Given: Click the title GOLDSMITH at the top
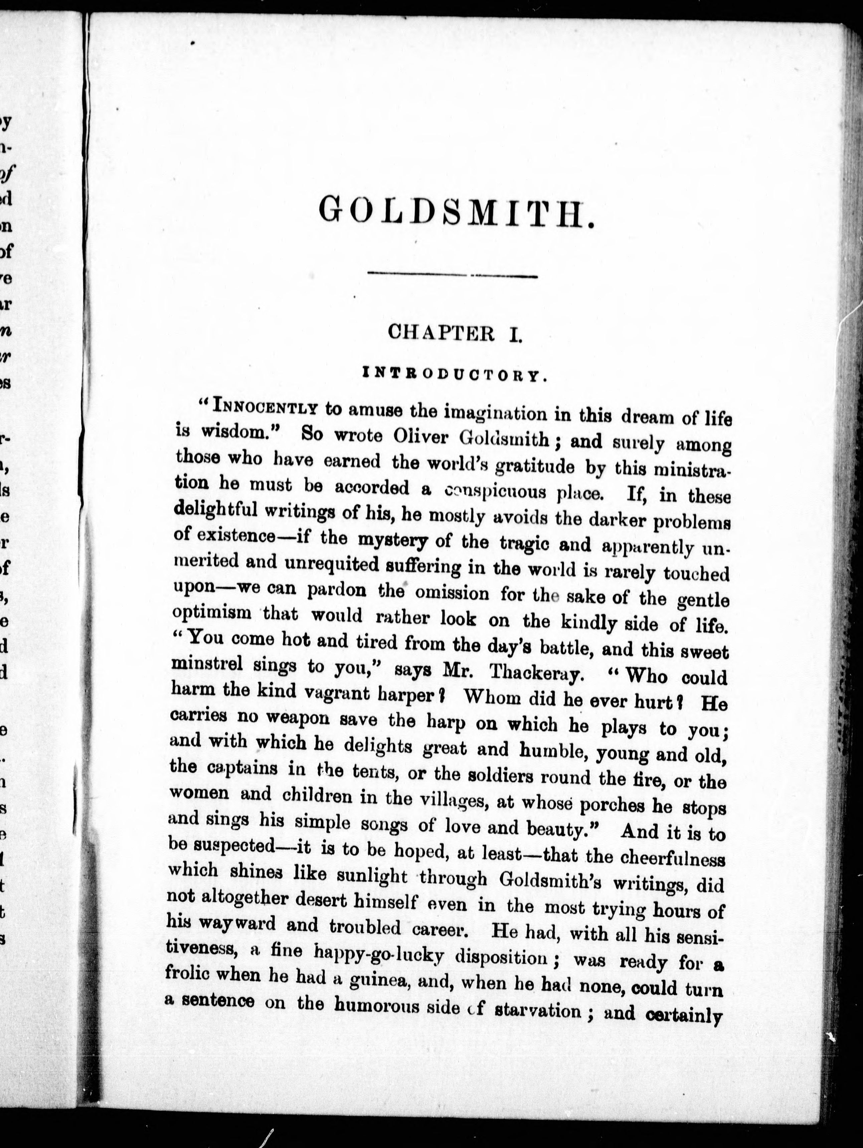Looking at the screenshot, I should click(x=456, y=213).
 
